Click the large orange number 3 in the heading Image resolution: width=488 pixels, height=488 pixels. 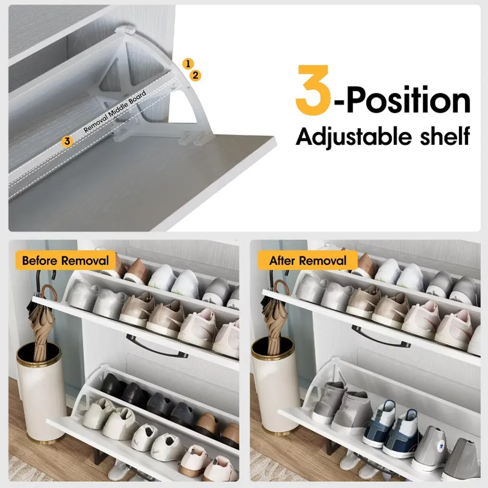(x=313, y=90)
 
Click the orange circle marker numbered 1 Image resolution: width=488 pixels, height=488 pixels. (x=188, y=64)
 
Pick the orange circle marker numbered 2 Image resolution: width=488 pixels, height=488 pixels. (x=195, y=75)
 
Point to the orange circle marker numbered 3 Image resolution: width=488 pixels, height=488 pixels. (x=67, y=141)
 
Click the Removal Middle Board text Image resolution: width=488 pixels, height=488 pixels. (x=115, y=111)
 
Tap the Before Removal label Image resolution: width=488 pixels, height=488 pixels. (x=65, y=261)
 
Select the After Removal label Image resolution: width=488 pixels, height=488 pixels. (x=307, y=261)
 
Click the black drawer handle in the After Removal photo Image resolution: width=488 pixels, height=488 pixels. (x=380, y=335)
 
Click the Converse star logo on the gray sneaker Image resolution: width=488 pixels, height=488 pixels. (x=441, y=447)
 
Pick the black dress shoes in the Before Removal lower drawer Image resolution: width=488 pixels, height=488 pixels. (x=124, y=389)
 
